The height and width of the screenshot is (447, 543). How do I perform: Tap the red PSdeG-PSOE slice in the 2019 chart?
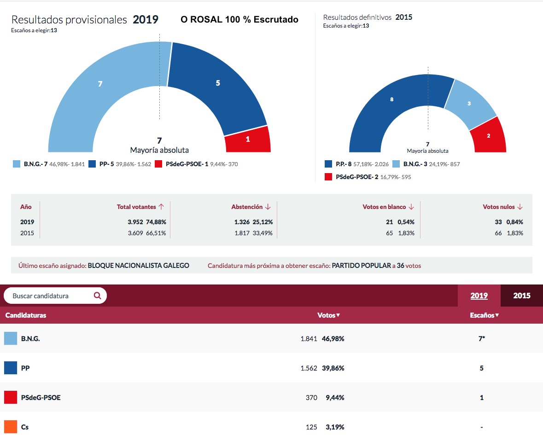click(x=248, y=139)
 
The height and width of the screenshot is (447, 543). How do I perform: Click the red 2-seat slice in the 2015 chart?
click(x=489, y=136)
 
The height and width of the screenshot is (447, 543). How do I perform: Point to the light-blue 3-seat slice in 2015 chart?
click(x=470, y=103)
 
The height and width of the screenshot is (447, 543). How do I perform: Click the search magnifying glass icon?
click(x=97, y=296)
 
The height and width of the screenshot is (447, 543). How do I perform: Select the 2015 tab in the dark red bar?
click(x=521, y=296)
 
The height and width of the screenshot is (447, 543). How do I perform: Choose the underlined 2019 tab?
click(x=479, y=296)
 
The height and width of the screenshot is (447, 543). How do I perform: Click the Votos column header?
click(x=329, y=315)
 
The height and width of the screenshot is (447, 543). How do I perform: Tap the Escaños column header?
click(x=484, y=315)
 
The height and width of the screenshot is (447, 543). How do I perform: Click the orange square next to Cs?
click(x=11, y=427)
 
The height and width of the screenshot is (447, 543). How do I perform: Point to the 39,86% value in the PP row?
click(x=333, y=368)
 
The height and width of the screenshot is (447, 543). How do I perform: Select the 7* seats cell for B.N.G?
click(x=482, y=339)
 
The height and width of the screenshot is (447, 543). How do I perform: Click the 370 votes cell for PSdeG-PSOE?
click(x=311, y=397)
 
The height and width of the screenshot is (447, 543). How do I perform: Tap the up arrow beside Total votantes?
click(x=161, y=207)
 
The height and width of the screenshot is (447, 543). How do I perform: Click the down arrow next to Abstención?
click(x=268, y=207)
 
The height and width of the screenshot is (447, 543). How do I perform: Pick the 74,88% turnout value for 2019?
click(x=156, y=222)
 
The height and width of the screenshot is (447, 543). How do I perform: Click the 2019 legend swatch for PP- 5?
click(x=92, y=164)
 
